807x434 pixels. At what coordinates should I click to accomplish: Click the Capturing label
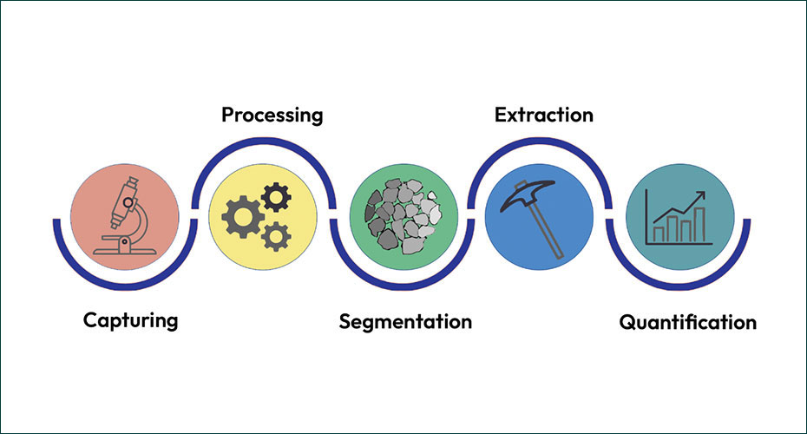pos(130,320)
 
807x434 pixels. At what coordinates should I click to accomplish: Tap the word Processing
pos(272,115)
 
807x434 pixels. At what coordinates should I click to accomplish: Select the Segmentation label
pos(405,321)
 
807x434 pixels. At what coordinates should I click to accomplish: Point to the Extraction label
pos(543,115)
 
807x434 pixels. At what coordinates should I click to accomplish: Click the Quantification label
pos(687,323)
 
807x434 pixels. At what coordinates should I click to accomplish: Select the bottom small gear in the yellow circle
pos(275,234)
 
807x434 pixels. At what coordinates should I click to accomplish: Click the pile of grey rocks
pos(403,214)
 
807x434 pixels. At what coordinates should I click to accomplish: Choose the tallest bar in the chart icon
pos(687,227)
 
